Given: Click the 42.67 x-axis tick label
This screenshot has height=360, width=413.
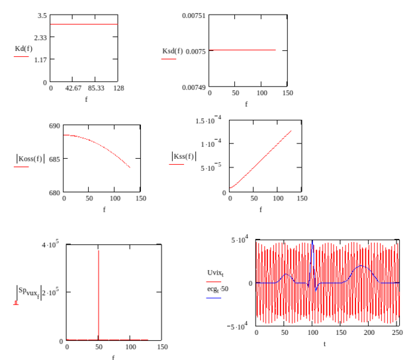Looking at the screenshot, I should [x=73, y=88].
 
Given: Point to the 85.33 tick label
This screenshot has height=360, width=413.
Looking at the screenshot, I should [x=96, y=88].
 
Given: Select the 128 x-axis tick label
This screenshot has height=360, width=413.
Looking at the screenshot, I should [x=118, y=88].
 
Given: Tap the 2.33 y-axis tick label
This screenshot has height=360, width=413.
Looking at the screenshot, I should [x=40, y=38].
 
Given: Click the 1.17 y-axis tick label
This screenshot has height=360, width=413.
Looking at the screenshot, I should [x=40, y=60].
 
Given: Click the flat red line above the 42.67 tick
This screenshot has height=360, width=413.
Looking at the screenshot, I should [x=83, y=24].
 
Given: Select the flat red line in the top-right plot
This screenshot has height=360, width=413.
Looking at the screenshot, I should [x=242, y=50].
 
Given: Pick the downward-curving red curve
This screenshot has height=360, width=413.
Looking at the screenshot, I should [x=99, y=145].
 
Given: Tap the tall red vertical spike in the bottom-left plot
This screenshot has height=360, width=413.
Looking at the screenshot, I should [x=99, y=291].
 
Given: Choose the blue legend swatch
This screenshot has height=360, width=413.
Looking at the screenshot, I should [x=214, y=298].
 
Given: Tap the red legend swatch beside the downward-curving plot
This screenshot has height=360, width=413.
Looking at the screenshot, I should [x=21, y=167].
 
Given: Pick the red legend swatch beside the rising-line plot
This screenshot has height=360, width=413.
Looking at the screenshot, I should [x=177, y=163].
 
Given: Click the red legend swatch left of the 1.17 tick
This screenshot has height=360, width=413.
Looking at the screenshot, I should [x=21, y=57].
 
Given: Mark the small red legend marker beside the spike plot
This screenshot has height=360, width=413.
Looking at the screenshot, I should [x=16, y=303].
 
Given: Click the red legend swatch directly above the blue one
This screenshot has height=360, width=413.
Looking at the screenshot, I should [x=214, y=281].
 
